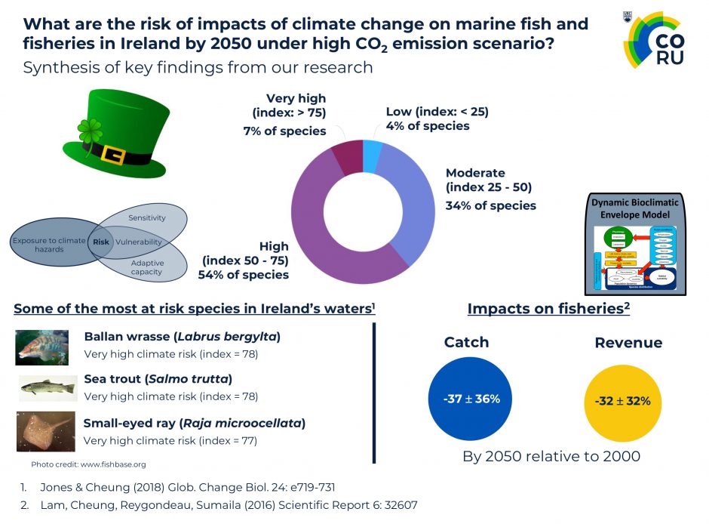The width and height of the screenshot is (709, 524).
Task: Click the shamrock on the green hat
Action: click(x=90, y=131)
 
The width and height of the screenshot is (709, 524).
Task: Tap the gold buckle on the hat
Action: click(x=114, y=155)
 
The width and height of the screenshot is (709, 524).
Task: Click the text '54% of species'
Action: click(x=243, y=275)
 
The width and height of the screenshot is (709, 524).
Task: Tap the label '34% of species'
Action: click(x=491, y=205)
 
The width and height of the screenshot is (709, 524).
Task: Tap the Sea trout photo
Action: click(x=48, y=387)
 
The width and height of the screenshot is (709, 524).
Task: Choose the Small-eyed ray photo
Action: click(x=46, y=431)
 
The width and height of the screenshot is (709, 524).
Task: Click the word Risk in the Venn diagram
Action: click(x=101, y=242)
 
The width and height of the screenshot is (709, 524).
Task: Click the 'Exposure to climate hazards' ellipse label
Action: click(x=48, y=245)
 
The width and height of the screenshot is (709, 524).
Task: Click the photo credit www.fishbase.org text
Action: click(x=88, y=464)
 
